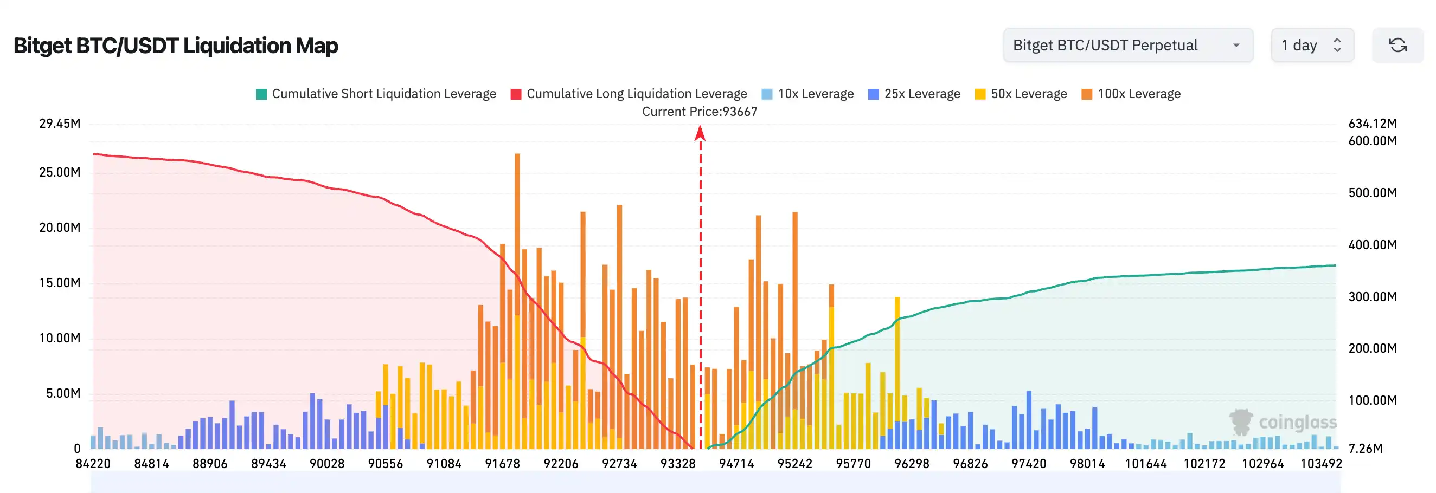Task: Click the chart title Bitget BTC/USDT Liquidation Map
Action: (176, 46)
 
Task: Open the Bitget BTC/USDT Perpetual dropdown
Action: (1127, 45)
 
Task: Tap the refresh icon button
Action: (1397, 45)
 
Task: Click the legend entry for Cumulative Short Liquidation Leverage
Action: (376, 94)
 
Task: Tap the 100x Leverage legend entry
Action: (1131, 94)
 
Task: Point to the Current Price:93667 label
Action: (700, 112)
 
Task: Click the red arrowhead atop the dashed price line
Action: (700, 133)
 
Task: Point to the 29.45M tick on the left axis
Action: (60, 123)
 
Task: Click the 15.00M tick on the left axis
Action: (60, 283)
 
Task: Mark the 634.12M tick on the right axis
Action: (1372, 123)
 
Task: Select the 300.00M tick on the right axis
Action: (1372, 296)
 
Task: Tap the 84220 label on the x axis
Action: (93, 464)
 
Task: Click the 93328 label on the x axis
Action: (678, 464)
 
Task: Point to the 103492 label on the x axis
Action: (1320, 464)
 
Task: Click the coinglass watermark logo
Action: (1283, 422)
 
